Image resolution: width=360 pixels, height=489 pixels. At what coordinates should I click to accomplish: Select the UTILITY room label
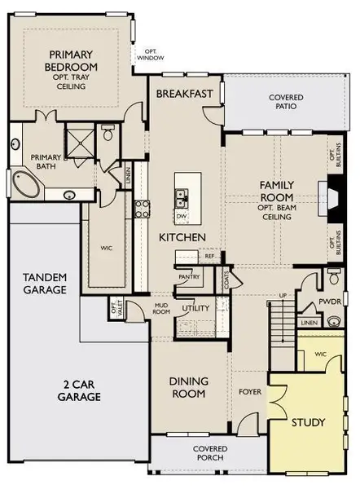195,309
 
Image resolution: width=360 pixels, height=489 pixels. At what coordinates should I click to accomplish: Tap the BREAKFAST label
187,94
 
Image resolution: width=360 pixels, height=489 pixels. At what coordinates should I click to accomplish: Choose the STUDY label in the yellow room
308,422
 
